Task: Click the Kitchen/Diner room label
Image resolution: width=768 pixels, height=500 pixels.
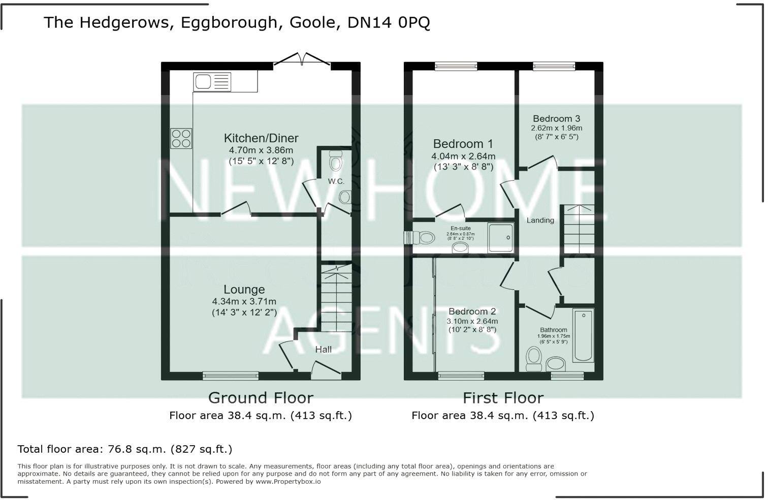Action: pyautogui.click(x=261, y=138)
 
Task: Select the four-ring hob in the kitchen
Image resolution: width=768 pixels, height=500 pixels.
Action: pyautogui.click(x=181, y=138)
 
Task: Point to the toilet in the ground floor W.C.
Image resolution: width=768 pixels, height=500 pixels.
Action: pyautogui.click(x=336, y=162)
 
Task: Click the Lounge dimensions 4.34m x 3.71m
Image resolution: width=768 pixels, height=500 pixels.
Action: pyautogui.click(x=244, y=301)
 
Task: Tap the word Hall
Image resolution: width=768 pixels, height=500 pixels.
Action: pyautogui.click(x=323, y=349)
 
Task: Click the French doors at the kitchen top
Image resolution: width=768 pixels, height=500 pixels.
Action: pyautogui.click(x=302, y=60)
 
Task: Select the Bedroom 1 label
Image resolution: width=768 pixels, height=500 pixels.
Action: pyautogui.click(x=463, y=144)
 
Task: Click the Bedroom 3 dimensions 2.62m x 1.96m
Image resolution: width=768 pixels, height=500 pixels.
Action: pyautogui.click(x=556, y=128)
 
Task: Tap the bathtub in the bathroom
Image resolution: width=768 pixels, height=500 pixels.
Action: pyautogui.click(x=583, y=335)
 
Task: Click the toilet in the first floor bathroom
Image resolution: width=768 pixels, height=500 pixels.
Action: pyautogui.click(x=533, y=359)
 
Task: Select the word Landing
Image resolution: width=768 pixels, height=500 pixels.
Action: pyautogui.click(x=540, y=220)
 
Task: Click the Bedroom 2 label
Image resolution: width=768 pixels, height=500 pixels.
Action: pyautogui.click(x=472, y=311)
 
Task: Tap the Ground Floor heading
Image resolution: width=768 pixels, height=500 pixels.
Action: pyautogui.click(x=261, y=397)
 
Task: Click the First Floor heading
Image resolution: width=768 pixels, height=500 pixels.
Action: pyautogui.click(x=503, y=397)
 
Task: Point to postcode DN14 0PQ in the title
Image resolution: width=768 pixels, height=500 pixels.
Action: pyautogui.click(x=389, y=22)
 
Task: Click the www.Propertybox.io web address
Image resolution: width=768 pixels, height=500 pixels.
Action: pyautogui.click(x=287, y=481)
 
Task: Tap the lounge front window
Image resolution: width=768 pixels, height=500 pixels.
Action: pyautogui.click(x=231, y=376)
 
